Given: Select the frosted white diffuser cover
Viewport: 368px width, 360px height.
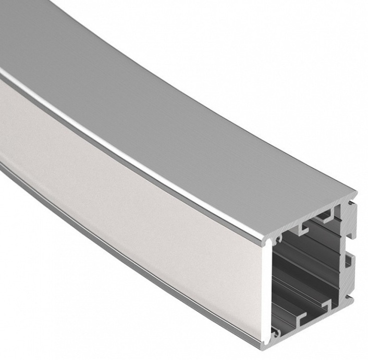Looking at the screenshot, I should pyautogui.click(x=130, y=198).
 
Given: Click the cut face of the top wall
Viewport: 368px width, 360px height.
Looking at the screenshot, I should pyautogui.click(x=313, y=214).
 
